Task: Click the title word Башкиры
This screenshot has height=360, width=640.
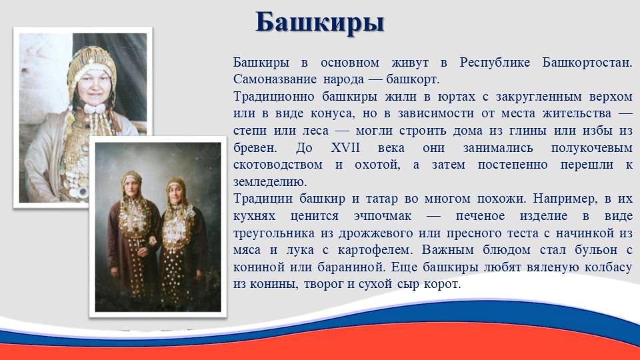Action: [x=319, y=23]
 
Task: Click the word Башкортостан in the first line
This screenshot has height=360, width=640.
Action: [x=587, y=63]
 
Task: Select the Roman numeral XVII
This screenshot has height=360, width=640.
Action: [x=345, y=147]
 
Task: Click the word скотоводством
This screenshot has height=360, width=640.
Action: [x=278, y=165]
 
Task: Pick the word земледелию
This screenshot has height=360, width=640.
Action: [x=270, y=182]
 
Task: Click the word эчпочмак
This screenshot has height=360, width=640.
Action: [x=383, y=216]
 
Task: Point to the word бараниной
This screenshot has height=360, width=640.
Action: [x=352, y=267]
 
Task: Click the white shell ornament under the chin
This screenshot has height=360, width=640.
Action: [x=95, y=109]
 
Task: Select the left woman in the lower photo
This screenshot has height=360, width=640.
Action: [x=133, y=233]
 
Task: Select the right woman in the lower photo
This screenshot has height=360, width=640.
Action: [x=180, y=241]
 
